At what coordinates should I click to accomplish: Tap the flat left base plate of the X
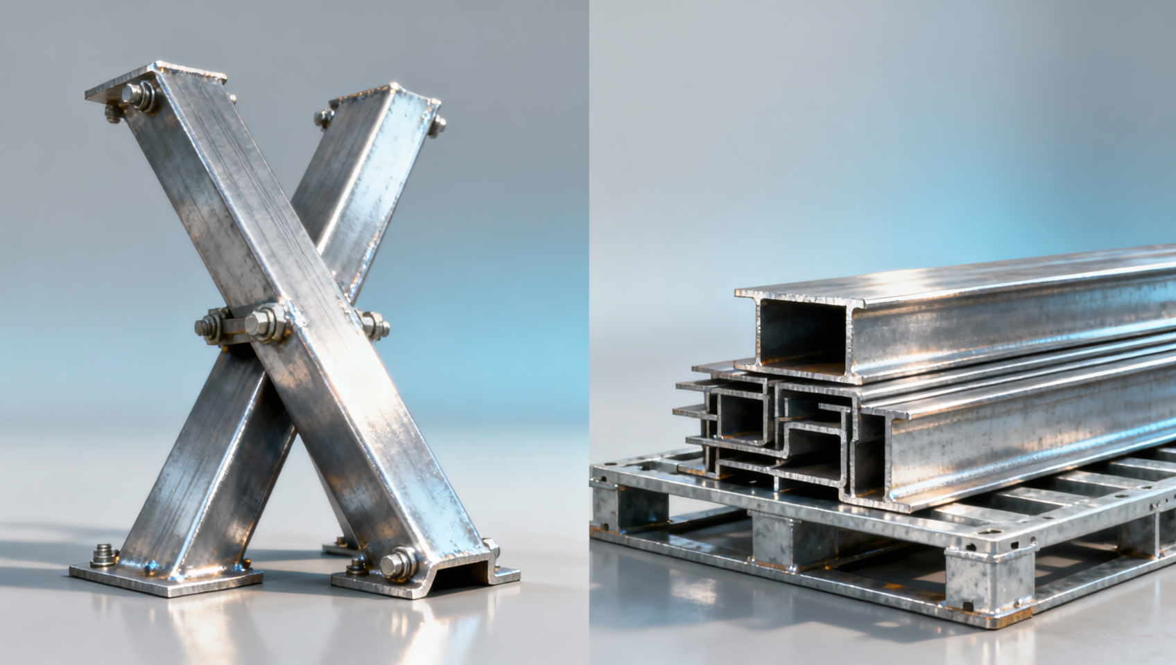(166, 579)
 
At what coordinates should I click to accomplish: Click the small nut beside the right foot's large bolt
(358, 567)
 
